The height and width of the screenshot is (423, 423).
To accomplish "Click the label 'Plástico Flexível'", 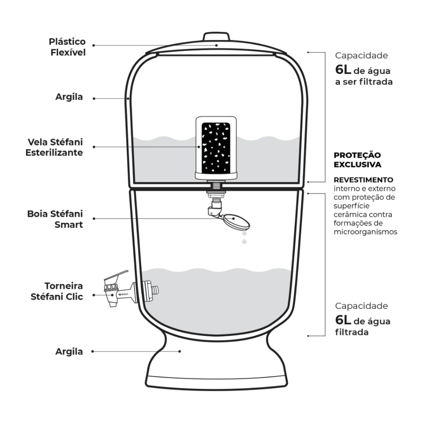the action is (x=67, y=47).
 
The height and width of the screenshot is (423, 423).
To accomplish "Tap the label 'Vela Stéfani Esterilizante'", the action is (x=54, y=147).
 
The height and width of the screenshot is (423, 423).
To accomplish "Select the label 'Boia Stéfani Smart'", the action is (x=55, y=219).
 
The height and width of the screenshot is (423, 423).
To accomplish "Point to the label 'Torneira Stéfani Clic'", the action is (x=57, y=291).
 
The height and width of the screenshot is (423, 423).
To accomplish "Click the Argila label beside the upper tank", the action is (x=69, y=97).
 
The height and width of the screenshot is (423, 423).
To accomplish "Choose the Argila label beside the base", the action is (x=69, y=352).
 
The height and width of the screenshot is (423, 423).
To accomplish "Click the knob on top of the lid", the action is (x=216, y=37).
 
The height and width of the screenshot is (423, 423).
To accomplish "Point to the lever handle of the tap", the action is (x=116, y=276).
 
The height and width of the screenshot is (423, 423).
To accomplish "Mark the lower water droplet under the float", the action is (x=244, y=241).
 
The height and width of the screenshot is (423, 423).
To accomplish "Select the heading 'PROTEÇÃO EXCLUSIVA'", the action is (x=357, y=160).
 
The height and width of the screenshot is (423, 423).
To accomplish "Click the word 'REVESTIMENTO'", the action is (x=363, y=180).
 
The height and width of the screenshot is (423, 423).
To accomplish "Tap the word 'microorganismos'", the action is (x=365, y=232).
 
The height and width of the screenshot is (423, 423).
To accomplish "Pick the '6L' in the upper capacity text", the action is (x=343, y=70).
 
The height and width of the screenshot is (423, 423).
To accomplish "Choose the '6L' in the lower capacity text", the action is (x=343, y=320).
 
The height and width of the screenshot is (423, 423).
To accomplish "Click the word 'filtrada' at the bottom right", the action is (x=352, y=332).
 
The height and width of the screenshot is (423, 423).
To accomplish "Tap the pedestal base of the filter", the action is (x=216, y=362).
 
